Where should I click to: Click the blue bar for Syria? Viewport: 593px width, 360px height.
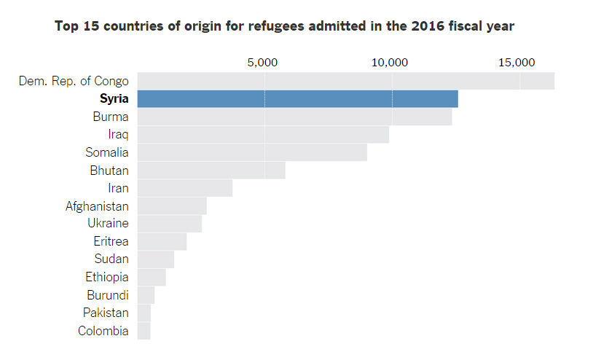[297, 99]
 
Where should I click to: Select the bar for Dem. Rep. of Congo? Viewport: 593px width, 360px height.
[345, 81]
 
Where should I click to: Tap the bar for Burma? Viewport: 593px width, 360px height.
[294, 117]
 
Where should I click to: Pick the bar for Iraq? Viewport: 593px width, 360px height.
[263, 135]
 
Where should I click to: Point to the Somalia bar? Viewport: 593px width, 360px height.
[252, 152]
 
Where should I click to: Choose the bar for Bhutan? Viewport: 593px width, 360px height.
[211, 171]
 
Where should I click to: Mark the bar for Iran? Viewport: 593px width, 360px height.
[184, 188]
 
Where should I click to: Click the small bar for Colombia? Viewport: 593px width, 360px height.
[144, 331]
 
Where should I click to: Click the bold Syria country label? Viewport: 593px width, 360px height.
[114, 99]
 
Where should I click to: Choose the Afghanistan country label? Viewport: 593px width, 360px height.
[97, 206]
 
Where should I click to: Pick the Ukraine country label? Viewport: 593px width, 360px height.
[108, 224]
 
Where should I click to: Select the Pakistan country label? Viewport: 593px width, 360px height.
[106, 313]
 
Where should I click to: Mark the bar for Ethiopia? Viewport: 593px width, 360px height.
[152, 277]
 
